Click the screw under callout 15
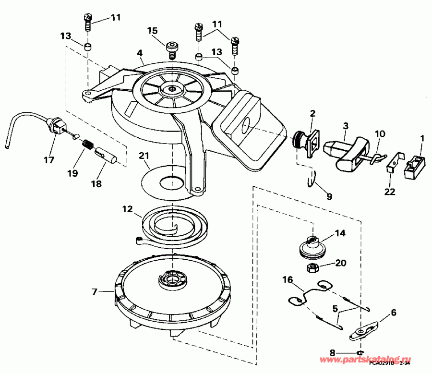[171, 49]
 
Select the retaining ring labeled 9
[312, 179]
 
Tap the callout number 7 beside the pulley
[94, 291]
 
